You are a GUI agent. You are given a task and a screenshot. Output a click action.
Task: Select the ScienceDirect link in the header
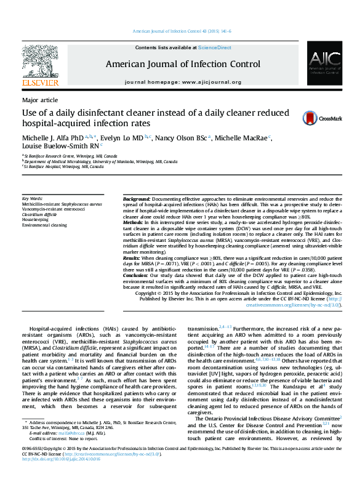point(214,47)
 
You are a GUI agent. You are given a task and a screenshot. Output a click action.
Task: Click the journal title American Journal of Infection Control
point(183,63)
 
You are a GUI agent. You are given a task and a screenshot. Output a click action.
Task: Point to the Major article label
point(40,99)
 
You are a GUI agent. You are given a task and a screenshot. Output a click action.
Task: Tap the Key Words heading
point(32,198)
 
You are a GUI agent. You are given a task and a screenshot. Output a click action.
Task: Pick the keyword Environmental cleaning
point(45,225)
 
